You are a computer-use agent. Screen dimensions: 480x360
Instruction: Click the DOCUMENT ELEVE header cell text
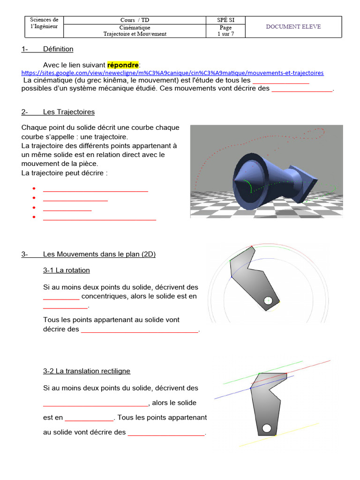pyautogui.click(x=293, y=27)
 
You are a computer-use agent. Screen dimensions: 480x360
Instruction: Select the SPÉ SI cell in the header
pyautogui.click(x=225, y=20)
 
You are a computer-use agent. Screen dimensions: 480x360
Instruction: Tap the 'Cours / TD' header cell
pyautogui.click(x=135, y=20)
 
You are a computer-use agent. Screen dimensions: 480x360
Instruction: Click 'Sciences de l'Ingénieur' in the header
pyautogui.click(x=44, y=23)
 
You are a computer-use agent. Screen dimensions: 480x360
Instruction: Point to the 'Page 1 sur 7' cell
pyautogui.click(x=225, y=31)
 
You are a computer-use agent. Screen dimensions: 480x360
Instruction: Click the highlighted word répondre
pyautogui.click(x=123, y=64)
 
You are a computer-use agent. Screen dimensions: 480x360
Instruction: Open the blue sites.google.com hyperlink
pyautogui.click(x=172, y=73)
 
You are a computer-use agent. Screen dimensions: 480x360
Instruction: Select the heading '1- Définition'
pyautogui.click(x=47, y=49)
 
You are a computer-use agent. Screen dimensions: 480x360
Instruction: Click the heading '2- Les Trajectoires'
pyautogui.click(x=58, y=112)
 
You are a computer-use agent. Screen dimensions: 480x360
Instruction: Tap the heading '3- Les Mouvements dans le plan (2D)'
pyautogui.click(x=89, y=254)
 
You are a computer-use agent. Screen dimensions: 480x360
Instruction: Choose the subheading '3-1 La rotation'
pyautogui.click(x=66, y=270)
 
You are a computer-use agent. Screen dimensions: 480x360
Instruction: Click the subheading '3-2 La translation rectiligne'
pyautogui.click(x=87, y=371)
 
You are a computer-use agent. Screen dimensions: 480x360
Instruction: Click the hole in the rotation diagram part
pyautogui.click(x=268, y=301)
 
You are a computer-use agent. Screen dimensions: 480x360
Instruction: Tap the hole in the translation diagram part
pyautogui.click(x=267, y=428)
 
